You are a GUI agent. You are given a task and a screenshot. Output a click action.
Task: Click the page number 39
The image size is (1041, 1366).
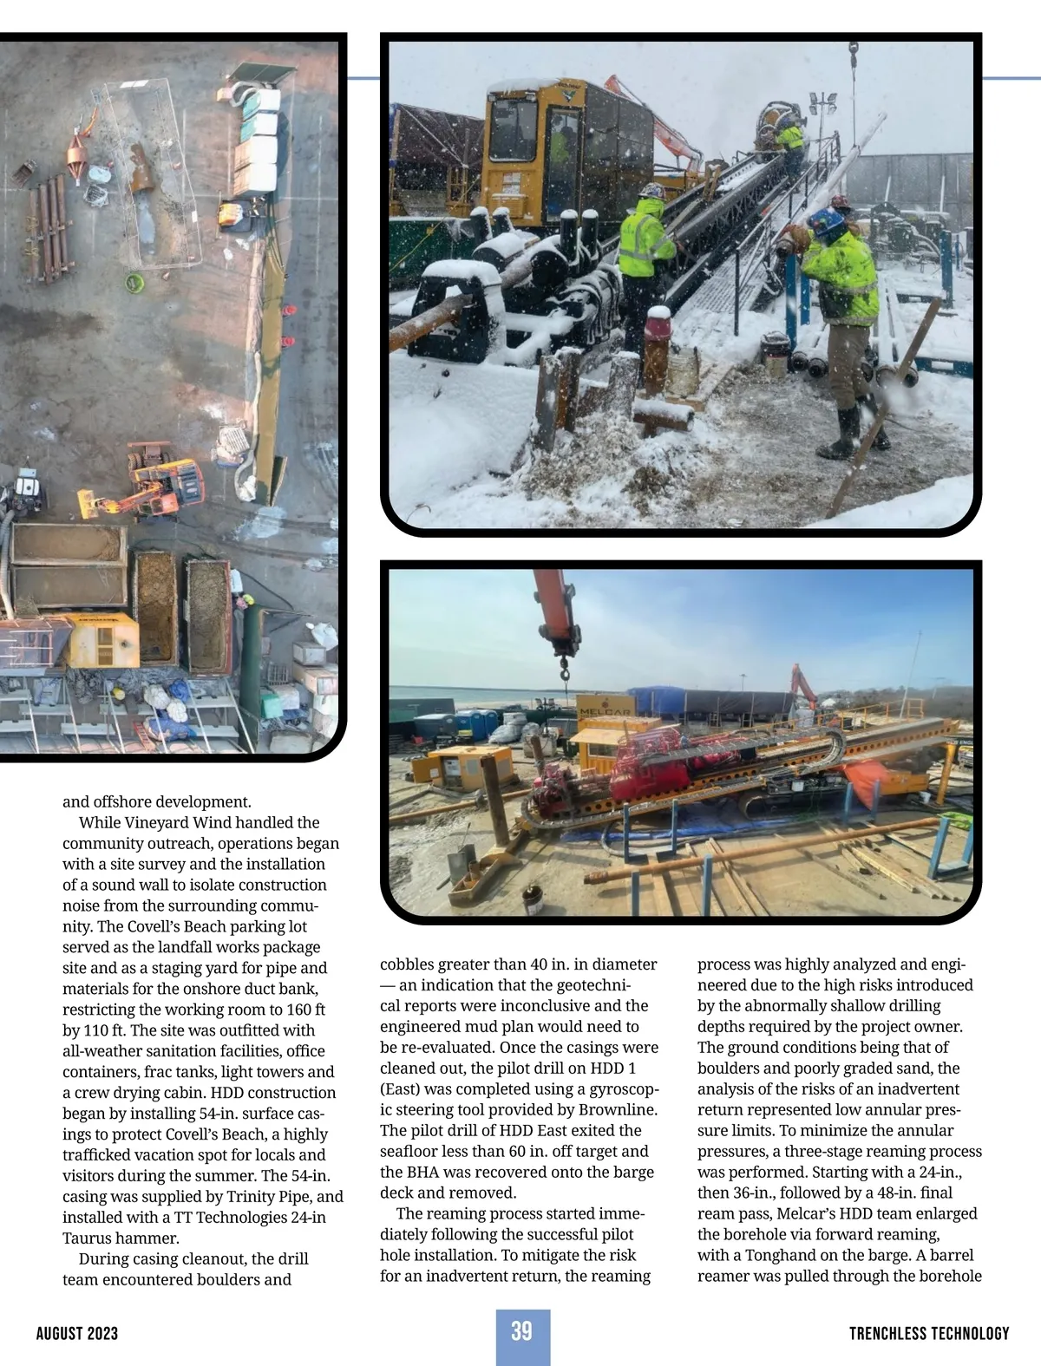click(521, 1330)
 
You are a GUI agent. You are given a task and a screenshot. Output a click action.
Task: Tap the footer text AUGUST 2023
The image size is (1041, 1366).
click(77, 1333)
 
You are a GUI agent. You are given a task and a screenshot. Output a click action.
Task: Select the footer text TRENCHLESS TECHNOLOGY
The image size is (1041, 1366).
click(929, 1333)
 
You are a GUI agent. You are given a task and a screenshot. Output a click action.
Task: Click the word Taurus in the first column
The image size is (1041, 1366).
click(87, 1238)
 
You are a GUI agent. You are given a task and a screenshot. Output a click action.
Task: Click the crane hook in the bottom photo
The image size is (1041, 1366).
click(565, 669)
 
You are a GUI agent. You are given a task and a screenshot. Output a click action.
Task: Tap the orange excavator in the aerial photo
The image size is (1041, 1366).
click(165, 486)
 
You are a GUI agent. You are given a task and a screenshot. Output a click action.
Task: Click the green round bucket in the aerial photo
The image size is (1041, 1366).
click(134, 282)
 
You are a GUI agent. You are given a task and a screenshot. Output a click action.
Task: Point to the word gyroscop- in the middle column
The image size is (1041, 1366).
click(623, 1088)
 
